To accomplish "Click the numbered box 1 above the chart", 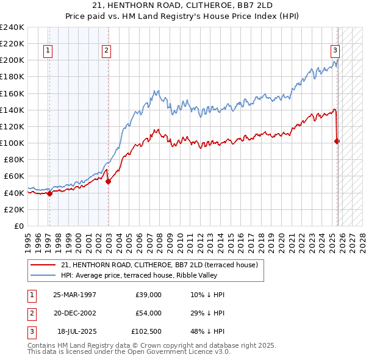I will coord(48,51).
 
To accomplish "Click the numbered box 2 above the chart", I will coord(106,51).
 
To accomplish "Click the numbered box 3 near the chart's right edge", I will coord(335,51).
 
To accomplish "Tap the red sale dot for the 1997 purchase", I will coord(49,193).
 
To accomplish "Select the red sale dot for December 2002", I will coord(108,181).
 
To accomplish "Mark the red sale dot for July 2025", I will coord(337,141).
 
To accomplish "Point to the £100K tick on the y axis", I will coord(12,143).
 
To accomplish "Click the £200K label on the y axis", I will coord(12,60).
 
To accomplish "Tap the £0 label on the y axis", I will coord(18,226).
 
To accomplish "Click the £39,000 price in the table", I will coord(148,294).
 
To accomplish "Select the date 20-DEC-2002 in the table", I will coord(75,313).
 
